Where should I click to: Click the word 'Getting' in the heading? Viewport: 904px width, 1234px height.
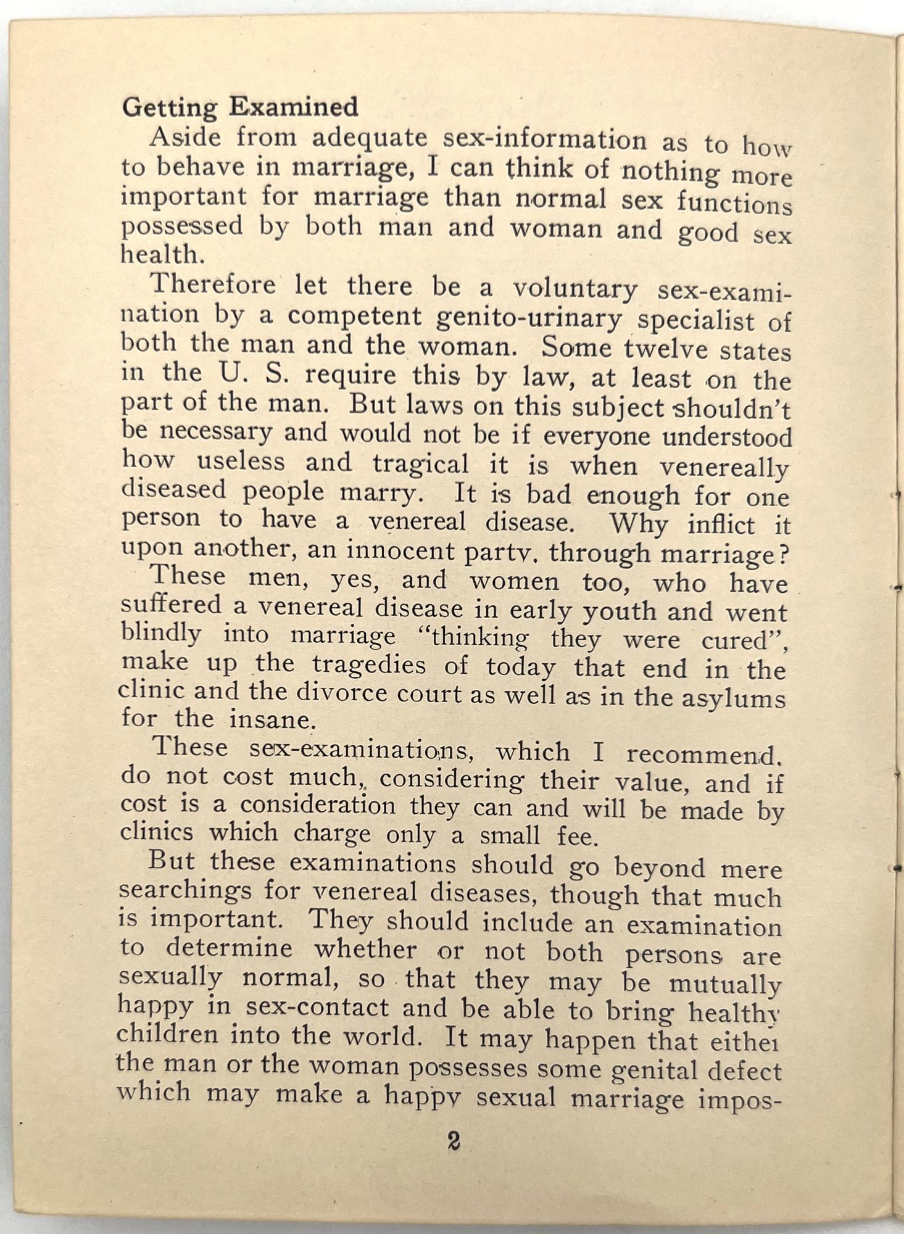point(169,109)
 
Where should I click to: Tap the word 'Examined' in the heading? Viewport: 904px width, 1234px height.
point(294,107)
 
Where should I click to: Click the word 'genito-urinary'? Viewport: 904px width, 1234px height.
point(528,318)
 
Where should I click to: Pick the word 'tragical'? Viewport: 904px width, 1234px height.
point(420,463)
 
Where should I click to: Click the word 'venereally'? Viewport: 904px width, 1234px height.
point(724,468)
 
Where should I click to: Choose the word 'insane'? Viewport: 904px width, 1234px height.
point(272,719)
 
